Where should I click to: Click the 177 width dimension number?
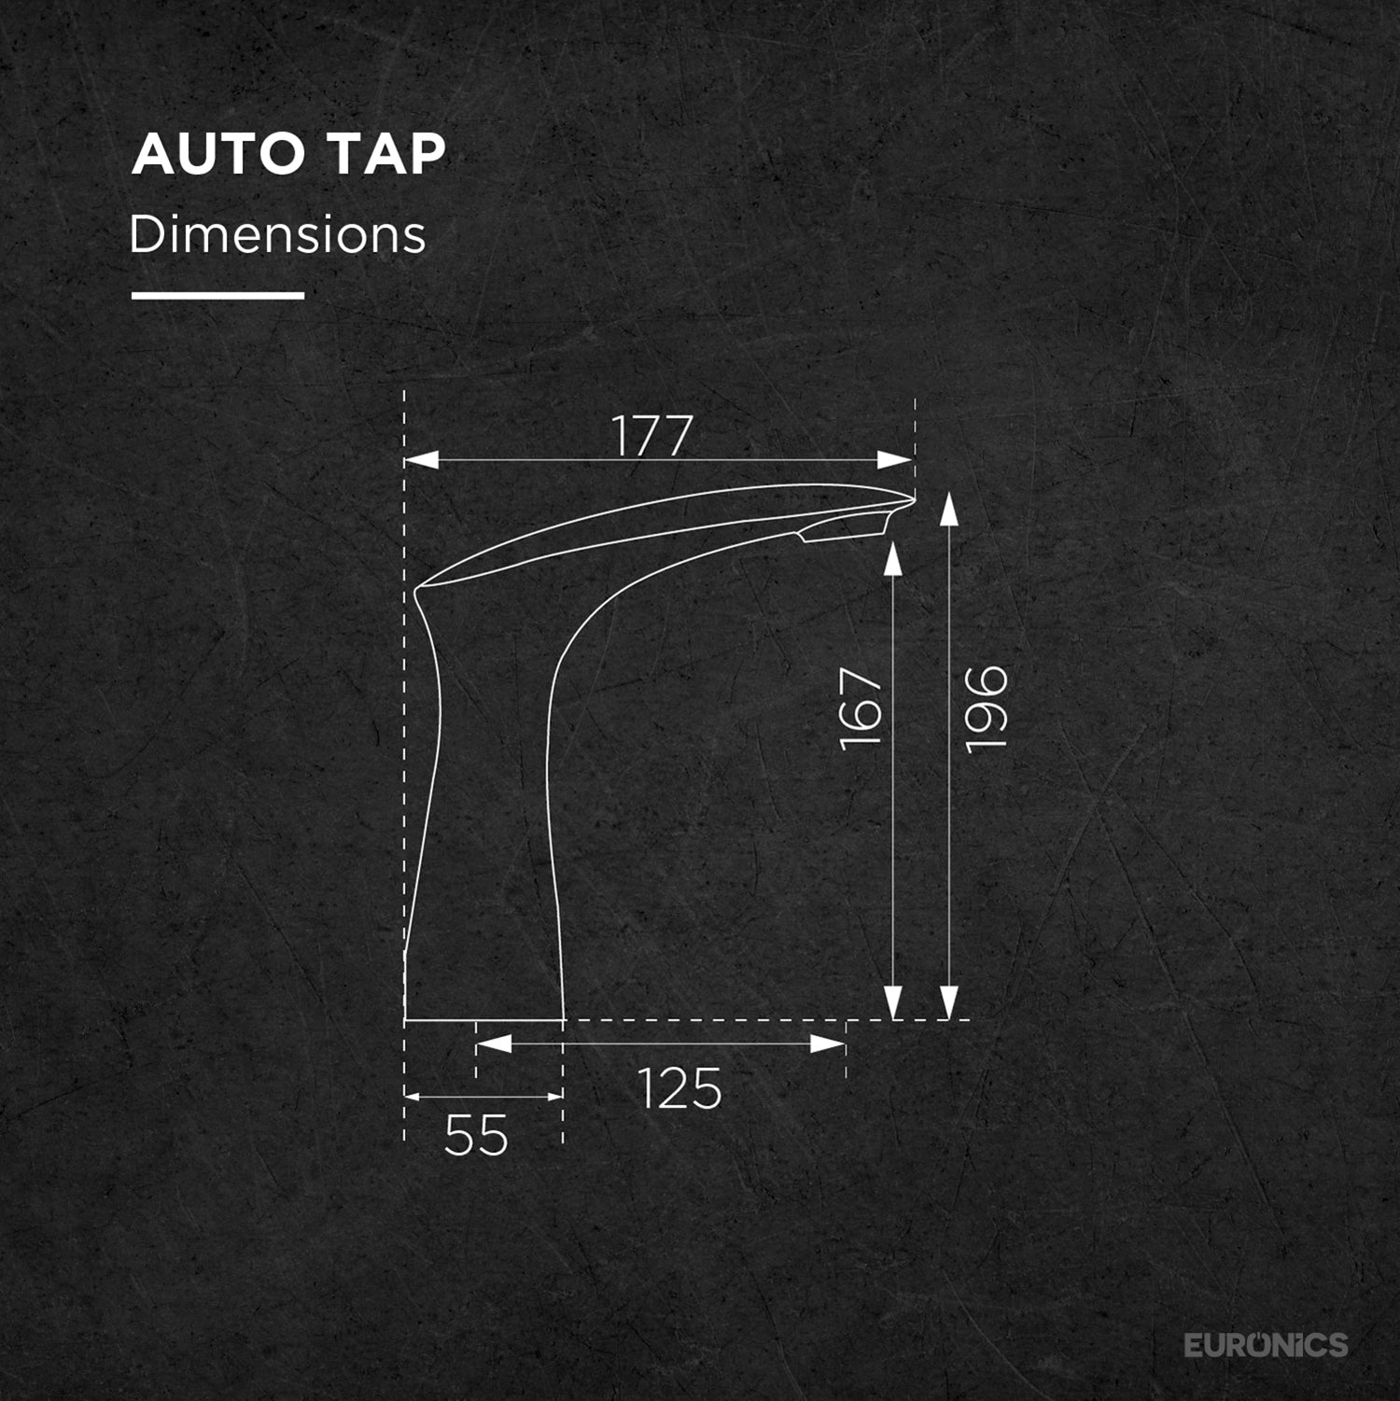point(651,436)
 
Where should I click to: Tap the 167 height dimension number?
point(861,708)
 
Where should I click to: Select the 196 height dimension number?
point(987,708)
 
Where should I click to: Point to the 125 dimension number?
point(679,1088)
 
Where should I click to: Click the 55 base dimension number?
point(476,1135)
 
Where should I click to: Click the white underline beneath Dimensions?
point(217,296)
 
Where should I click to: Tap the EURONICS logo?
point(1266,1345)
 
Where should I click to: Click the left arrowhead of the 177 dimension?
point(422,460)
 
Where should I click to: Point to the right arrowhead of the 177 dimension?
point(895,460)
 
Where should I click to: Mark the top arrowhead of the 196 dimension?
point(948,510)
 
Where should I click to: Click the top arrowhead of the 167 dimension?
point(893,559)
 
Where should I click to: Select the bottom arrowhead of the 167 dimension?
point(893,1002)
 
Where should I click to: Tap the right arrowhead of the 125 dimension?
point(828,1044)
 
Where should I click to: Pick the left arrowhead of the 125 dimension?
point(495,1044)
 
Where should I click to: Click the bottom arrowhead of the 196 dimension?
point(948,1002)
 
